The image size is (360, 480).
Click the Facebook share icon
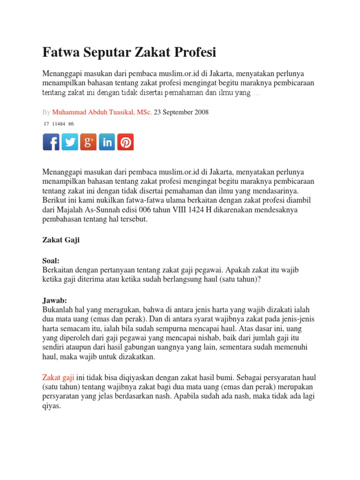(51, 142)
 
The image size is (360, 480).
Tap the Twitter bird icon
(70, 142)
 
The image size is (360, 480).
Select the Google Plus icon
(88, 142)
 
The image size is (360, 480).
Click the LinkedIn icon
(107, 142)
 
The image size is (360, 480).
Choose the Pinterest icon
(125, 142)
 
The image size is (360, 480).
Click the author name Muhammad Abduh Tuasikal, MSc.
(102, 112)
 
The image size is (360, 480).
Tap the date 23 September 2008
(181, 112)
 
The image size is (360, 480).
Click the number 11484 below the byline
(59, 124)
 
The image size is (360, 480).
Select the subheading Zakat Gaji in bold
(61, 240)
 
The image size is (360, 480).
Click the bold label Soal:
(51, 261)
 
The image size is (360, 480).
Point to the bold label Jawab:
(55, 300)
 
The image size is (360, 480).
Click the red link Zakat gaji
(58, 377)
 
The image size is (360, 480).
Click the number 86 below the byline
(71, 124)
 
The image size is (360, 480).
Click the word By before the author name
(46, 112)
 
